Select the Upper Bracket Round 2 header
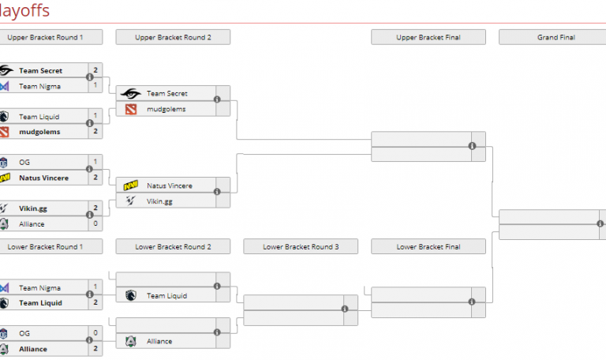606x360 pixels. coord(173,37)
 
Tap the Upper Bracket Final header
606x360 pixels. coord(428,37)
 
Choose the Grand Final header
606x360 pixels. coord(556,37)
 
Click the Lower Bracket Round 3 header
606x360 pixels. coord(301,247)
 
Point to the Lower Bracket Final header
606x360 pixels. coord(428,247)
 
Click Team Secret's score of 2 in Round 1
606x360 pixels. coord(95,71)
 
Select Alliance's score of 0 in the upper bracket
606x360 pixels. coord(95,224)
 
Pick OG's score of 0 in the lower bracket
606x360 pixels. coord(95,334)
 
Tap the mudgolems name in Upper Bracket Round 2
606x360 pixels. coord(166,109)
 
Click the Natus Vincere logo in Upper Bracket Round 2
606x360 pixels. coord(130,186)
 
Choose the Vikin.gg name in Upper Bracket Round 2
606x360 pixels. coord(159,201)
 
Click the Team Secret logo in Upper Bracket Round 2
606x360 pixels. coord(130,94)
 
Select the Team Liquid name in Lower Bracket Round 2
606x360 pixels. coord(166,296)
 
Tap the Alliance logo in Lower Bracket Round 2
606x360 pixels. coord(130,342)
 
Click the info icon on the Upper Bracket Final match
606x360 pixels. coord(472,146)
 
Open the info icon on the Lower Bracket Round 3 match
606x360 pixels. coord(345,309)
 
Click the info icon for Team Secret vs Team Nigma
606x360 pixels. coord(89,77)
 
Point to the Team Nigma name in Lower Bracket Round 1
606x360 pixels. coord(39,288)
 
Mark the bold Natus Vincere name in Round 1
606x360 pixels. coord(43,178)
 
